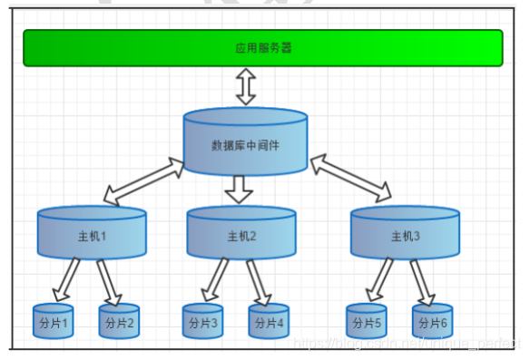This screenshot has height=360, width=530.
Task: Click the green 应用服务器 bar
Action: (262, 48)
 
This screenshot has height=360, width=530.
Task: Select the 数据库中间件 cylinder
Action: (246, 144)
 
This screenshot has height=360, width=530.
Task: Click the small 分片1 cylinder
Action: (53, 322)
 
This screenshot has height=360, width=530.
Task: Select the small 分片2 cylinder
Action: (119, 322)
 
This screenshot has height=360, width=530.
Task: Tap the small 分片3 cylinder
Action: (202, 322)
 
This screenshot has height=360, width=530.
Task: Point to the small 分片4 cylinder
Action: (269, 322)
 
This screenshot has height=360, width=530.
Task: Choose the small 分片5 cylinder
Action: (367, 322)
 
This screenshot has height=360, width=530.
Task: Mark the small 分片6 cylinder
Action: (432, 322)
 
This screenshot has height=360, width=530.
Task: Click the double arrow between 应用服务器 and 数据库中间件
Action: (246, 87)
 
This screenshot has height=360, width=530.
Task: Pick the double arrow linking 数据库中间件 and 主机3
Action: (350, 178)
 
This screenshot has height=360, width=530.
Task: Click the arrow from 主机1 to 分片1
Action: (65, 280)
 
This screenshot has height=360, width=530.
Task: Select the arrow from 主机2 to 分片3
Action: (214, 280)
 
